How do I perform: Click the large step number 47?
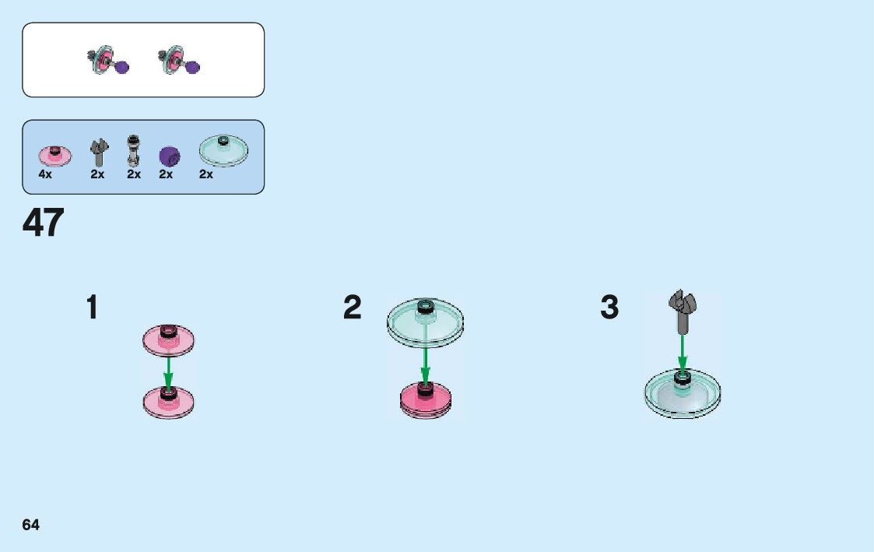tap(44, 223)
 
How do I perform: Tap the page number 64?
tap(31, 525)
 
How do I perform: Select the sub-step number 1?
tap(92, 308)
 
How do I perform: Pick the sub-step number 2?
tap(353, 308)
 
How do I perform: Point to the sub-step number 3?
tap(609, 308)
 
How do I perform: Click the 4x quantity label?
tap(45, 174)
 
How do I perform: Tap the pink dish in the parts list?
tap(54, 155)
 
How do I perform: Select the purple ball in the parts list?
tap(169, 156)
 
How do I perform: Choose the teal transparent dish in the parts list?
tap(223, 150)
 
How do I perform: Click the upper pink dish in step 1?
tap(168, 340)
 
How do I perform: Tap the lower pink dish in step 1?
tap(168, 401)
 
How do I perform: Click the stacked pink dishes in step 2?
tap(426, 399)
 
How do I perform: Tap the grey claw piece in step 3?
tap(683, 308)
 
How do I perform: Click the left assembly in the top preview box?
tap(107, 62)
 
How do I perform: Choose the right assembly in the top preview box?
tap(181, 62)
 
